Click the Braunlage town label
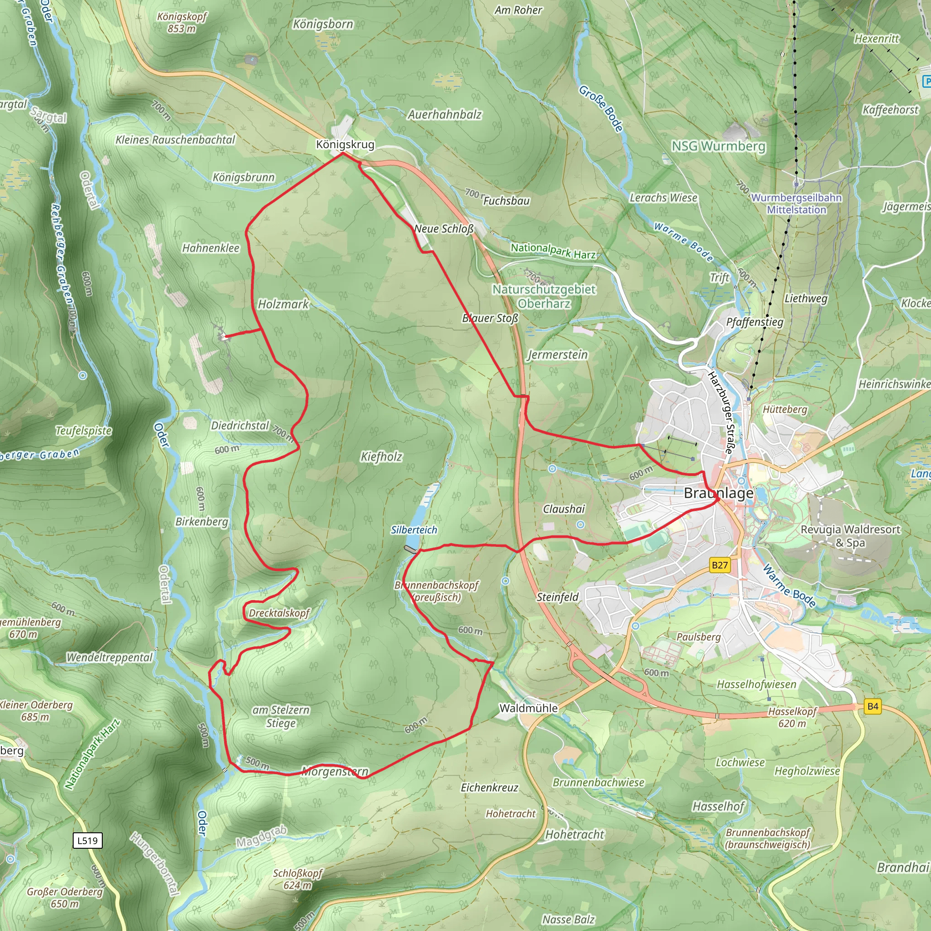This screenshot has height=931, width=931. pyautogui.click(x=718, y=493)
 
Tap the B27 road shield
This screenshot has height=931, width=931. pyautogui.click(x=720, y=565)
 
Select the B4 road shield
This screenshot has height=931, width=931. pyautogui.click(x=873, y=707)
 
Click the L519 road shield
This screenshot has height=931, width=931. pyautogui.click(x=87, y=841)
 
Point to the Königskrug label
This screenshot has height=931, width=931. pyautogui.click(x=345, y=145)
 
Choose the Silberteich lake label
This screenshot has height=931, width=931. pyautogui.click(x=414, y=530)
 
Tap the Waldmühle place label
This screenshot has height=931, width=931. pyautogui.click(x=529, y=708)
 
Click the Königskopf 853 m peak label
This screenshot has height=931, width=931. pyautogui.click(x=182, y=23)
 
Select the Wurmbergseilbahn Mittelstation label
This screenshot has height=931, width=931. pyautogui.click(x=796, y=204)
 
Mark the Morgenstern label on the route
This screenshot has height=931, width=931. pyautogui.click(x=335, y=771)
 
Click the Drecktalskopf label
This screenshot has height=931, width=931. pyautogui.click(x=279, y=613)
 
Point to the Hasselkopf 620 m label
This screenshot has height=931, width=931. pyautogui.click(x=792, y=717)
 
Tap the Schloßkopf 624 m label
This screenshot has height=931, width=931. pyautogui.click(x=297, y=880)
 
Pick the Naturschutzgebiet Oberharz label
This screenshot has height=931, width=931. pyautogui.click(x=544, y=296)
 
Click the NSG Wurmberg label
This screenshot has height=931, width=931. pyautogui.click(x=718, y=146)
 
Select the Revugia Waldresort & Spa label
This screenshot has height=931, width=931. pyautogui.click(x=850, y=536)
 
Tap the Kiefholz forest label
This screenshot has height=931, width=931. pyautogui.click(x=381, y=457)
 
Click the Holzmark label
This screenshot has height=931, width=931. pyautogui.click(x=283, y=304)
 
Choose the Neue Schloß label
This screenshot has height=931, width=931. pyautogui.click(x=443, y=229)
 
